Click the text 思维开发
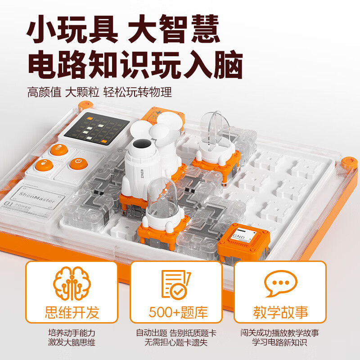pos(72,312)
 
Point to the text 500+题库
pos(176,312)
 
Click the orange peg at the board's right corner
pos(347,161)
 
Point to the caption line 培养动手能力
pos(72,333)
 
